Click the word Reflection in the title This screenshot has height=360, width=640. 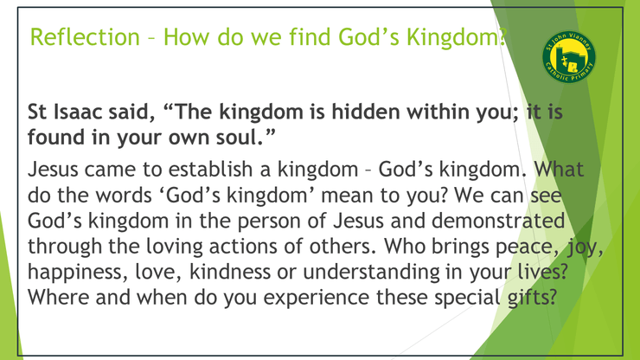(x=85, y=36)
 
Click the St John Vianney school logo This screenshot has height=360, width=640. (x=568, y=56)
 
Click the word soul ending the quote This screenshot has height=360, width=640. (x=235, y=138)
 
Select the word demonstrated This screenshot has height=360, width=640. (x=498, y=221)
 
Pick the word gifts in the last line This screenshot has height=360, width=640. (x=532, y=298)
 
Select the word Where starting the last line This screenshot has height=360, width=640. (x=58, y=298)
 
